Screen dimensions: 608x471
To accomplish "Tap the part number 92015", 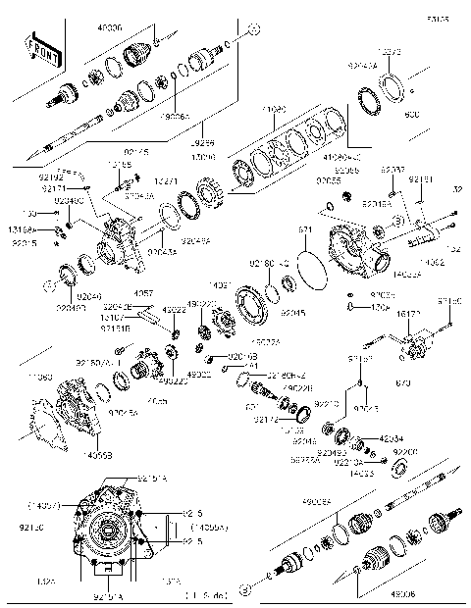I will pos(24,242).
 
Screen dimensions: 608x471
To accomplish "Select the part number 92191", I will pos(420,179).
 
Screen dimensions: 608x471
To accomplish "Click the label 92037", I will pos(392,170).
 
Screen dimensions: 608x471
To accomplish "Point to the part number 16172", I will pos(408,315).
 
